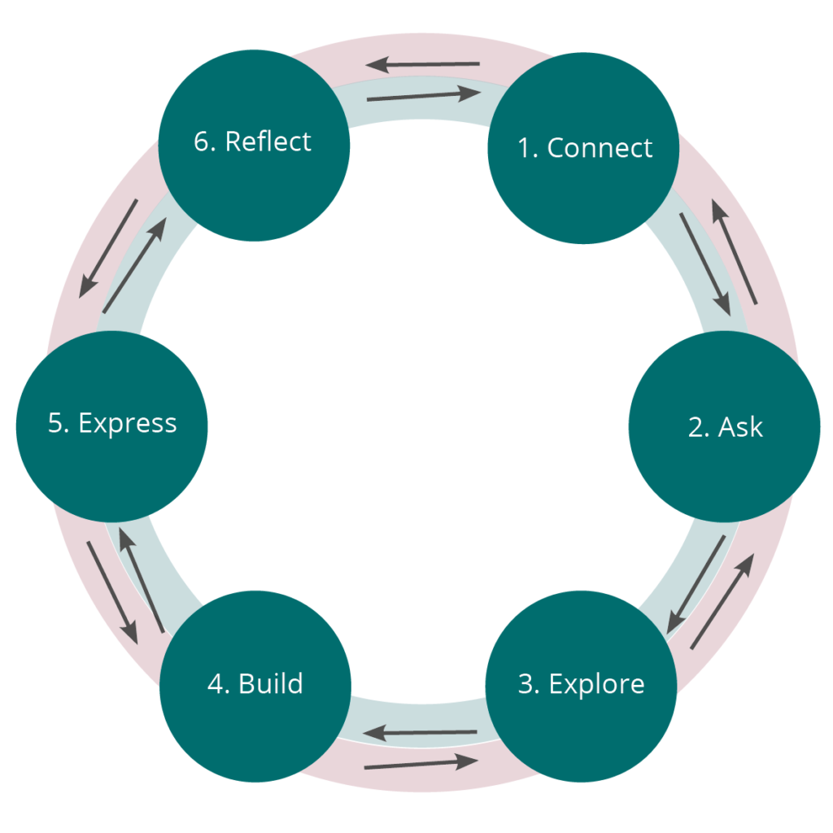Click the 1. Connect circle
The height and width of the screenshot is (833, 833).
[x=582, y=148]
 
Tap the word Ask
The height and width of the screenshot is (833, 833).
[x=741, y=427]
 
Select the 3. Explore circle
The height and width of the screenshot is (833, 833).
[x=581, y=685]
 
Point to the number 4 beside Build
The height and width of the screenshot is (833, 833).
[x=217, y=683]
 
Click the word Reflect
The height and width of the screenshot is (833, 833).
[x=268, y=142]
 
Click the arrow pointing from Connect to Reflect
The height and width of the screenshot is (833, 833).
[x=422, y=64]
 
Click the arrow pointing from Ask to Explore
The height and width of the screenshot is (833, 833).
[x=696, y=585]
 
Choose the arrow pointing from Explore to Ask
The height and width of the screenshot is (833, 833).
[x=722, y=601]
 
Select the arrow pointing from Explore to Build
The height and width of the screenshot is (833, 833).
[x=420, y=734]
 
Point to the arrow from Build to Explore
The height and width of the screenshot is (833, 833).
[x=421, y=764]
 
